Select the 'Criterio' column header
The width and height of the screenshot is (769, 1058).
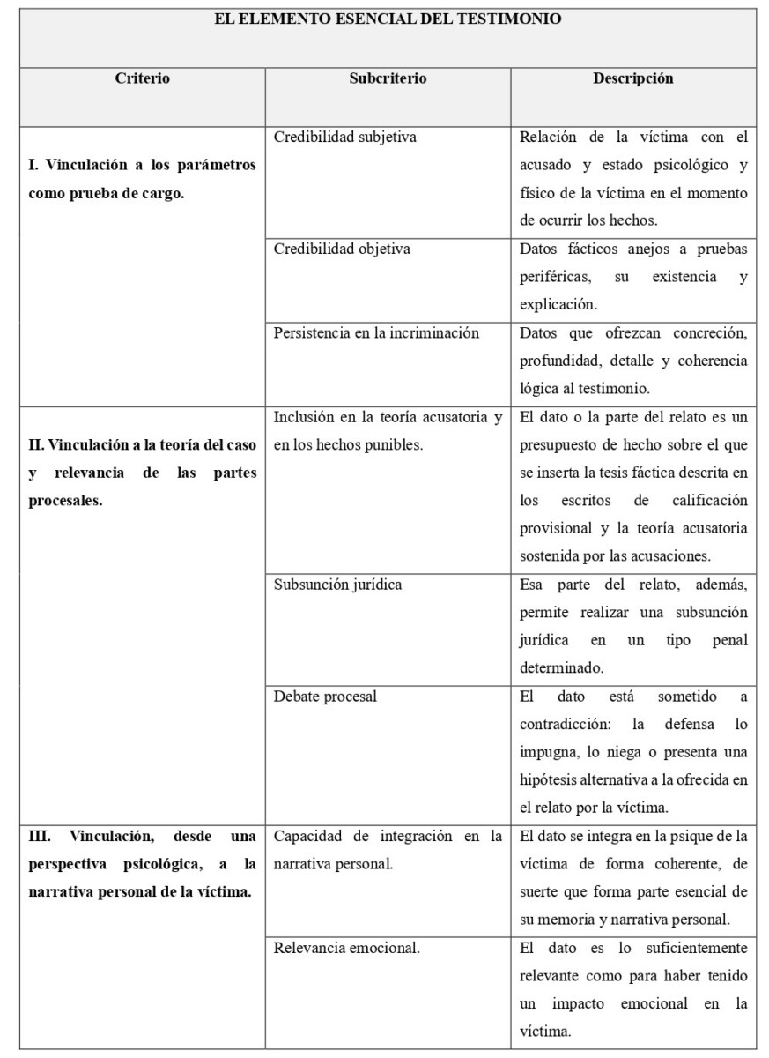(143, 78)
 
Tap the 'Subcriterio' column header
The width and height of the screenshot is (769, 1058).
(388, 78)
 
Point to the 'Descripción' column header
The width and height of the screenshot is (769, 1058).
(632, 78)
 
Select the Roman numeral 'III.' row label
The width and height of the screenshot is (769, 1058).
(43, 836)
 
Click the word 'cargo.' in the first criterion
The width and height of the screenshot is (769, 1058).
(165, 193)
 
